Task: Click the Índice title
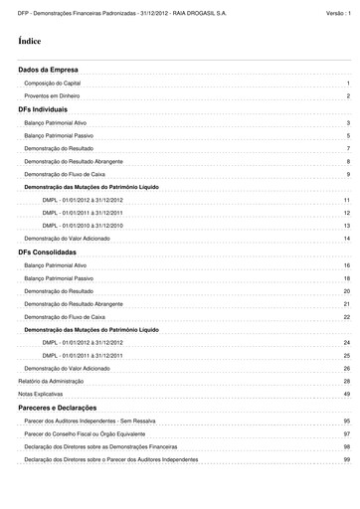pyautogui.click(x=30, y=42)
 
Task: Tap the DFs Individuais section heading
pyautogui.click(x=43, y=108)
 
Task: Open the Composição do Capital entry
pyautogui.click(x=53, y=85)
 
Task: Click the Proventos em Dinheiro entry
pyautogui.click(x=54, y=96)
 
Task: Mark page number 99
pyautogui.click(x=346, y=459)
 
